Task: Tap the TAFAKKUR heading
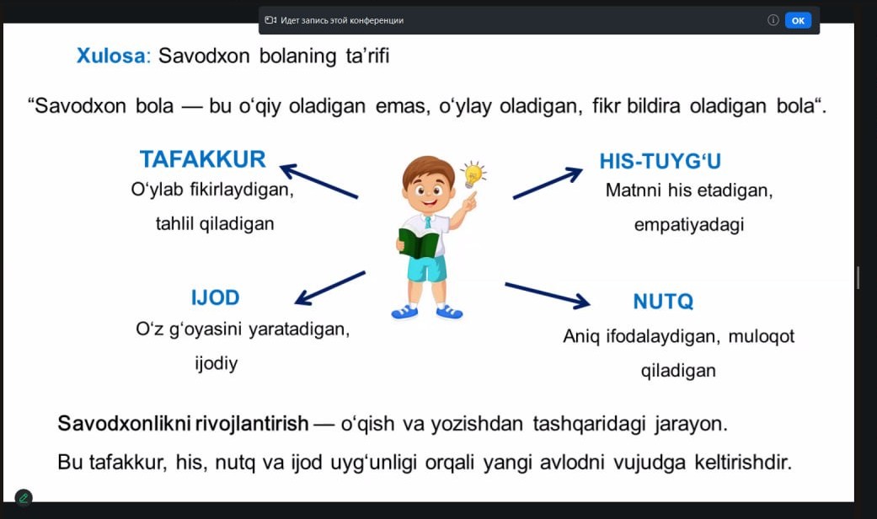coord(202,159)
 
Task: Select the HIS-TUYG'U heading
coord(660,161)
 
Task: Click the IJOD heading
coord(216,297)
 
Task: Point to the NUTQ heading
coord(663,302)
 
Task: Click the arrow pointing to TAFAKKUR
coord(318,180)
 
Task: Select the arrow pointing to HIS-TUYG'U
coord(548,182)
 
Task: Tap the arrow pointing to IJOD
coord(330,289)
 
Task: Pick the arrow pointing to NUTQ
coord(548,295)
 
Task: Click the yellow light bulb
coord(473,174)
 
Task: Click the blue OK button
coord(798,21)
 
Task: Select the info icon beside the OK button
coord(773,20)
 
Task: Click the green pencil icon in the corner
coord(24,498)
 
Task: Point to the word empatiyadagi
coord(689,225)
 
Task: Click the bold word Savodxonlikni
coord(125,423)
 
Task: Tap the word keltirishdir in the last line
coord(743,463)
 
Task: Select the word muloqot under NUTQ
coord(762,337)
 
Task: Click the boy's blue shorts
coord(427,269)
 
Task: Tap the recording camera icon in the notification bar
coord(270,20)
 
